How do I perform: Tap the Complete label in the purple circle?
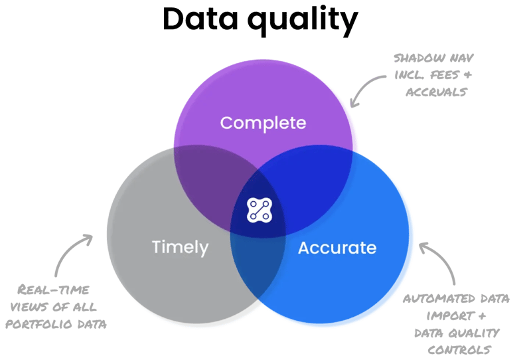(x=263, y=123)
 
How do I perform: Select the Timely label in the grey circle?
(x=180, y=248)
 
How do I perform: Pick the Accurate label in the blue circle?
(x=337, y=248)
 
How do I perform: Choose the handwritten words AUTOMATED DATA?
(x=452, y=299)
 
